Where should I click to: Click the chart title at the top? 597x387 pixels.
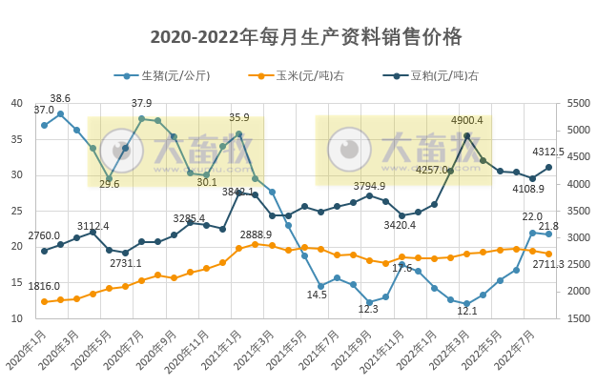tap(306, 37)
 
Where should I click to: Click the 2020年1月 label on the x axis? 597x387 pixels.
tap(29, 352)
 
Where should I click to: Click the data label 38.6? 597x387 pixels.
tap(60, 99)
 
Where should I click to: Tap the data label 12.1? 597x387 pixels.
tap(466, 311)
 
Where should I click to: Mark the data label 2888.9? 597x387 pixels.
tap(256, 234)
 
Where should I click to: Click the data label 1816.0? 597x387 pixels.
tap(44, 286)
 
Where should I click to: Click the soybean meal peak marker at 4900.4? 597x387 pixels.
tap(467, 135)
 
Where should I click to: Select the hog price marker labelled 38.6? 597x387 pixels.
tap(60, 113)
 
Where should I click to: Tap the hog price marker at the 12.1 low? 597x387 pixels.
tap(467, 304)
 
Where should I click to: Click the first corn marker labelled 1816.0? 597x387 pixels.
tap(44, 301)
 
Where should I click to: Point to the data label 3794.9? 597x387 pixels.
tap(369, 186)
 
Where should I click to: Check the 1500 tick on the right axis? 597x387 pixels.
tap(579, 319)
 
